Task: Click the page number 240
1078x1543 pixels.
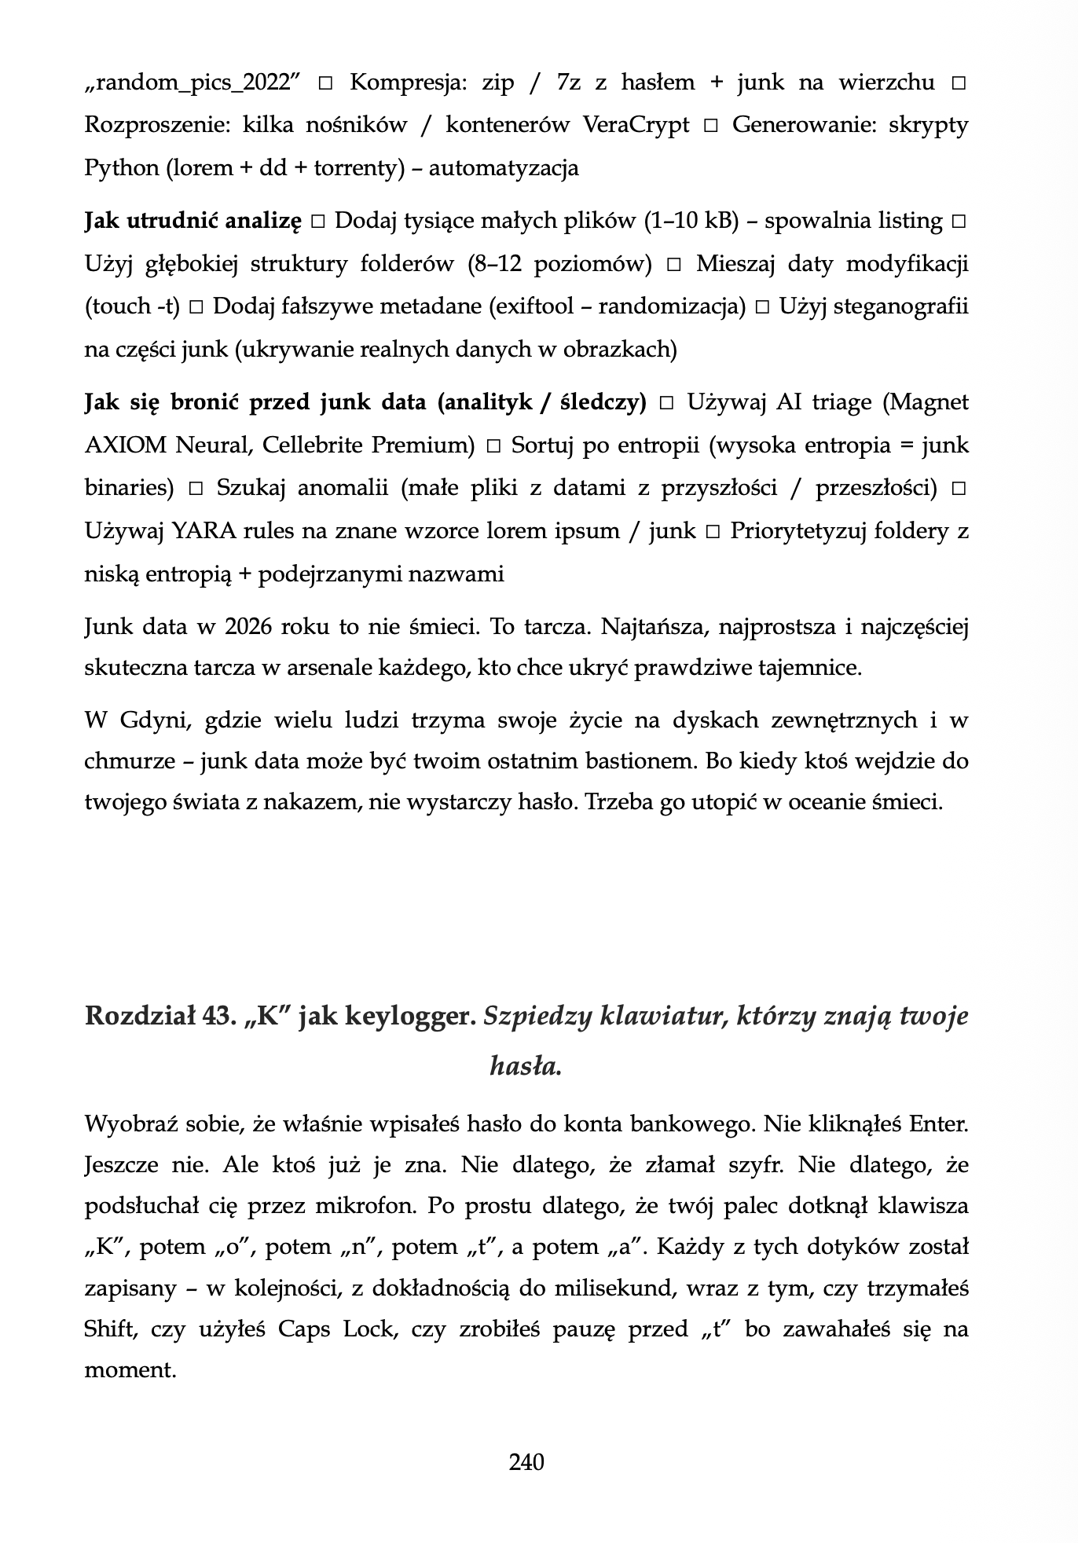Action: [x=526, y=1462]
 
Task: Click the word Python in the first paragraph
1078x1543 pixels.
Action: [x=121, y=168]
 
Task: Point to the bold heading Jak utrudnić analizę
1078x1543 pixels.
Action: [x=192, y=222]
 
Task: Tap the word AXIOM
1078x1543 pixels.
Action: [x=125, y=446]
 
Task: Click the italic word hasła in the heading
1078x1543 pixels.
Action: [x=525, y=1065]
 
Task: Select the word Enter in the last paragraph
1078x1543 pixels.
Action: [x=938, y=1124]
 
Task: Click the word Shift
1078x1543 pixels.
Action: [x=109, y=1329]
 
